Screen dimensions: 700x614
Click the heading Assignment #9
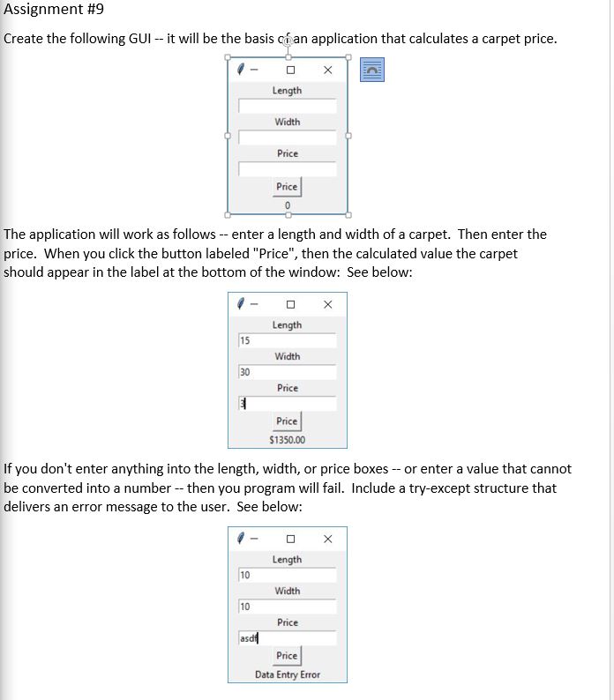pos(54,12)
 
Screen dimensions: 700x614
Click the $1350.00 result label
pos(287,439)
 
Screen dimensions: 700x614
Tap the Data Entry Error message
pos(288,674)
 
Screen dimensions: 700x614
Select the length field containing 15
pos(287,340)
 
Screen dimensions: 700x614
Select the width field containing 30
pos(287,372)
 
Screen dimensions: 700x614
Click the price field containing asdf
pos(287,638)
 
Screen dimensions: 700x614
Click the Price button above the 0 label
pos(288,187)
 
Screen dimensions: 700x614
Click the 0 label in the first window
pos(288,205)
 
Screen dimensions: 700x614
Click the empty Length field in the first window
pos(288,106)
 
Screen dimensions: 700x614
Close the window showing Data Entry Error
pos(327,539)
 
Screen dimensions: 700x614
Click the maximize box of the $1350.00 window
pos(288,304)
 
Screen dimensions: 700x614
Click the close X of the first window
pos(327,70)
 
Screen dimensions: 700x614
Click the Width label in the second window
pos(287,356)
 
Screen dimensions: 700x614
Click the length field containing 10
pos(287,575)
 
